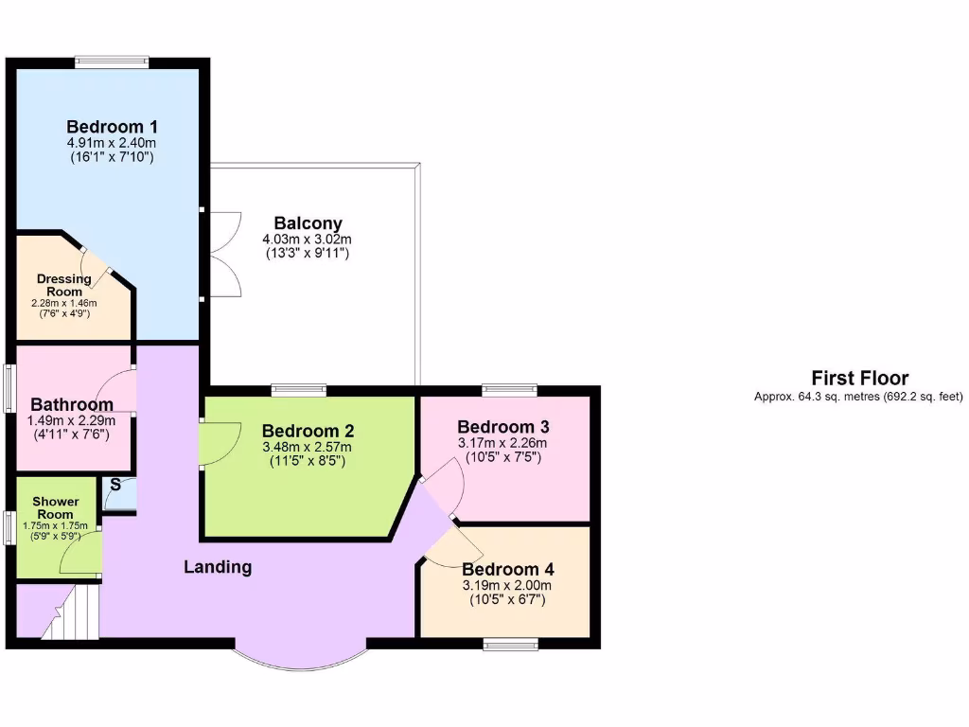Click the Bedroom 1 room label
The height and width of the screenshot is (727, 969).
pyautogui.click(x=112, y=127)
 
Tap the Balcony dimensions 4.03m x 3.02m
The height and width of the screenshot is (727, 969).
pyautogui.click(x=307, y=239)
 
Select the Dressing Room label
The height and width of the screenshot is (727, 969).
pyautogui.click(x=64, y=285)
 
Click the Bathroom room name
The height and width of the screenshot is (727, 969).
pyautogui.click(x=72, y=405)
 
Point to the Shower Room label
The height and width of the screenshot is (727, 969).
pyautogui.click(x=56, y=507)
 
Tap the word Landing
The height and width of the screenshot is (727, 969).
pyautogui.click(x=218, y=567)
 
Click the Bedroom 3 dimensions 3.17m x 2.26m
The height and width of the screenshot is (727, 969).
pyautogui.click(x=502, y=443)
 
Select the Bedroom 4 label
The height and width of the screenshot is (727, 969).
pyautogui.click(x=507, y=570)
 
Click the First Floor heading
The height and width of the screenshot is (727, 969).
pyautogui.click(x=859, y=379)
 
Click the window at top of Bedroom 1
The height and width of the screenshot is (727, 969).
pyautogui.click(x=113, y=62)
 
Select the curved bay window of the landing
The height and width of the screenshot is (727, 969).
pyautogui.click(x=300, y=657)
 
